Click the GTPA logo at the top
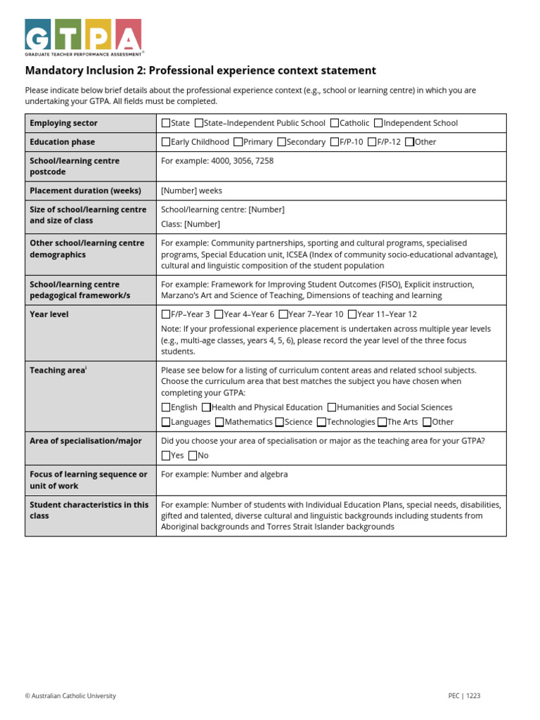pos(84,37)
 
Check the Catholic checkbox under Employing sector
pos(334,123)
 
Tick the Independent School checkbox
pos(378,123)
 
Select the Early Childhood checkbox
pos(166,142)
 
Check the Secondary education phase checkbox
pos(282,142)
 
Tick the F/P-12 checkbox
pos(372,142)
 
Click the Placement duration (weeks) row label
pos(85,191)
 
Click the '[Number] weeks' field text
pos(191,191)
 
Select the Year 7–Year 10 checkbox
pos(283,315)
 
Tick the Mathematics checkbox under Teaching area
pos(220,422)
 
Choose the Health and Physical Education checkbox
pos(206,407)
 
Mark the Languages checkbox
pos(166,422)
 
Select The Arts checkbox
pos(382,422)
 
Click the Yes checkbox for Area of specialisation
pos(166,456)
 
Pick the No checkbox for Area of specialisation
pos(193,456)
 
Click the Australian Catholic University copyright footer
pos(70,696)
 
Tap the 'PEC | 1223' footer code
pos(464,696)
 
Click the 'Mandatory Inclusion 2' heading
pos(200,70)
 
